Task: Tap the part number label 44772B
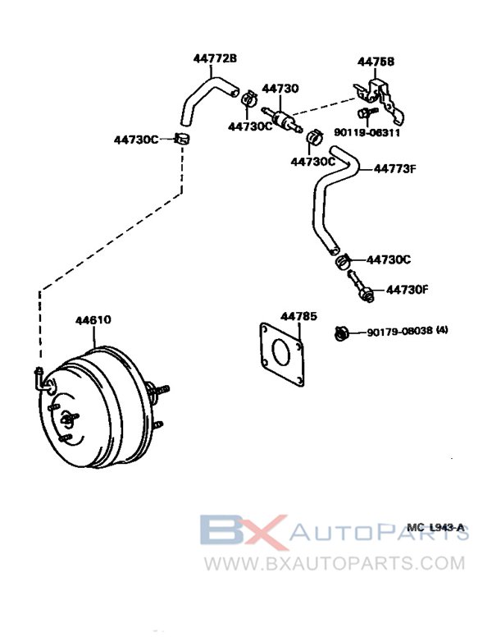pos(215,58)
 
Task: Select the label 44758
pos(375,62)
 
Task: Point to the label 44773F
pos(395,169)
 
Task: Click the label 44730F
pos(408,289)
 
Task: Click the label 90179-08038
pos(400,332)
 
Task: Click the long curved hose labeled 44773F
pos(324,197)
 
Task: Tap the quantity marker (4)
pos(443,332)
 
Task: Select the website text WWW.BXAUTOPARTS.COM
pos(334,564)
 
